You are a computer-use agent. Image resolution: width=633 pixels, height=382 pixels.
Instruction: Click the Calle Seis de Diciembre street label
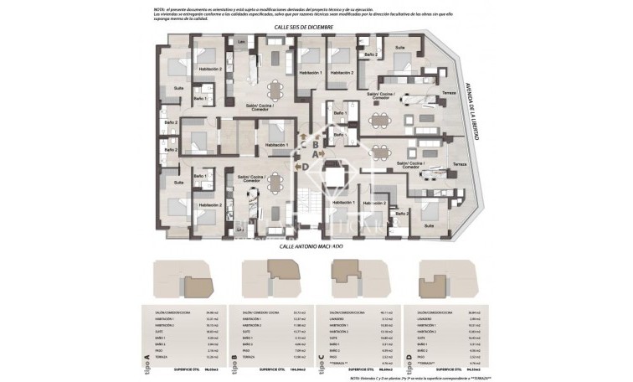[298, 28]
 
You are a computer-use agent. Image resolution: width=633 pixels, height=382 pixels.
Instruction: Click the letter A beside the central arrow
[315, 154]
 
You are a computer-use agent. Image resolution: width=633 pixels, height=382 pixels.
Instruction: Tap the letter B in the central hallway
[315, 143]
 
